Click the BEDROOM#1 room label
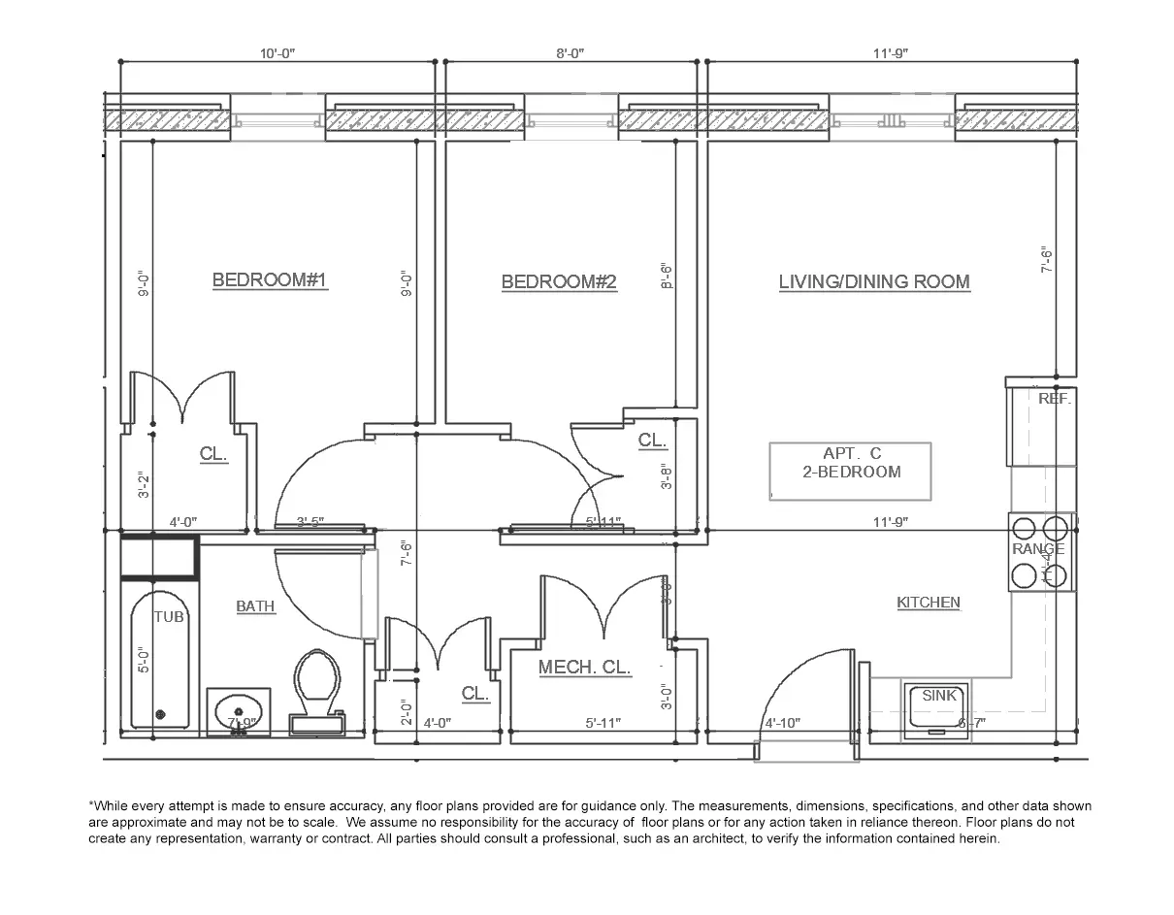(x=269, y=280)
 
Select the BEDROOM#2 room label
(x=559, y=282)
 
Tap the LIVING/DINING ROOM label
(x=874, y=282)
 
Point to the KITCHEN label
(x=928, y=603)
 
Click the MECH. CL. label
(x=584, y=668)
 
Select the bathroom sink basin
(x=239, y=708)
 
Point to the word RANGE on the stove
(x=1038, y=549)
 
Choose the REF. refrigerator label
(x=1055, y=399)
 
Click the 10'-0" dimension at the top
(x=277, y=54)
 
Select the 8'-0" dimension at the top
(x=570, y=54)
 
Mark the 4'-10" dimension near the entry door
(x=782, y=723)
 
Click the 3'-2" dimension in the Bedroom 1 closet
(x=144, y=485)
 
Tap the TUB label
(x=169, y=617)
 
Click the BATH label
(x=255, y=606)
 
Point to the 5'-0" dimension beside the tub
(x=144, y=661)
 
